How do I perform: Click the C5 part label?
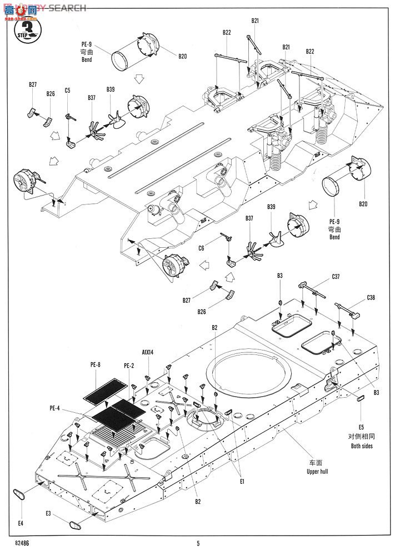pyautogui.click(x=67, y=89)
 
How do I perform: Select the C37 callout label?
pyautogui.click(x=336, y=276)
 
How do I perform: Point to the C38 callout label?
pyautogui.click(x=371, y=298)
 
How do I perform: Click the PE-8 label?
pyautogui.click(x=95, y=365)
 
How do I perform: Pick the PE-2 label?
pyautogui.click(x=128, y=365)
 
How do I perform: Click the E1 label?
pyautogui.click(x=242, y=481)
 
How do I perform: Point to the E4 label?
pyautogui.click(x=21, y=523)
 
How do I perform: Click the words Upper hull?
pyautogui.click(x=314, y=472)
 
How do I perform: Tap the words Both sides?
pyautogui.click(x=362, y=446)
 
